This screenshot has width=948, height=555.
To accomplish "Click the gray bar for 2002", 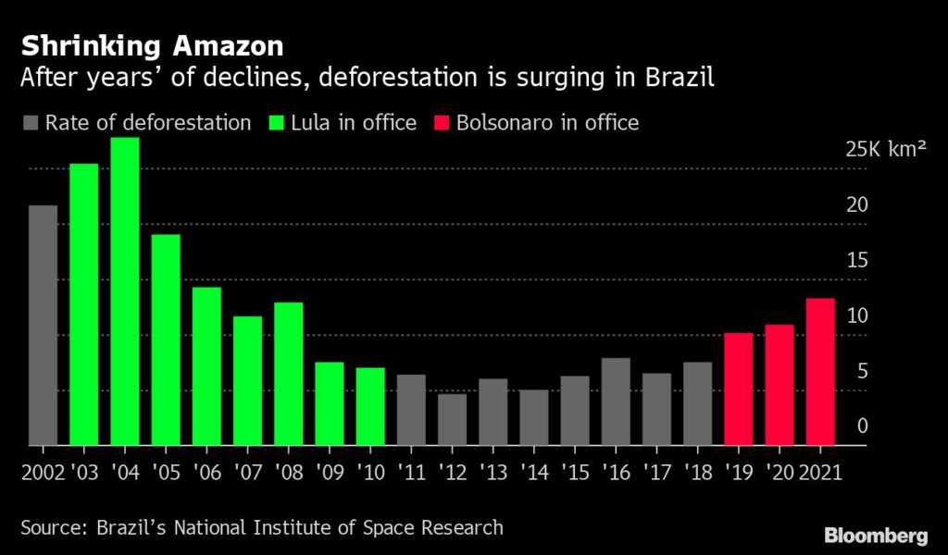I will click(x=43, y=326).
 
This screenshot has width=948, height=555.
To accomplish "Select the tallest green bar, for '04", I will click(x=125, y=291).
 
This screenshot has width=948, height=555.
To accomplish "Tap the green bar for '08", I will click(x=288, y=374).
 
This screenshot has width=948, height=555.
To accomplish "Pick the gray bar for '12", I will click(x=452, y=420).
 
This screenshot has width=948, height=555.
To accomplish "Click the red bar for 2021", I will click(x=820, y=372).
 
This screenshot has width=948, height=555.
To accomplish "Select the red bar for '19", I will click(x=738, y=389).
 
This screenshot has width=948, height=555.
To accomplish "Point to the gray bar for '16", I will click(x=616, y=401).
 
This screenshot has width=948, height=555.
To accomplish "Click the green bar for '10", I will click(x=370, y=407).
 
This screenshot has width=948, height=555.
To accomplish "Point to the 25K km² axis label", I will click(x=885, y=149).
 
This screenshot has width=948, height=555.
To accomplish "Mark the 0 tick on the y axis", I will click(x=862, y=426).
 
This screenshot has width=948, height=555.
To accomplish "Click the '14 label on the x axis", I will click(x=533, y=473).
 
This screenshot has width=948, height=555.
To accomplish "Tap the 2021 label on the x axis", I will click(x=820, y=473).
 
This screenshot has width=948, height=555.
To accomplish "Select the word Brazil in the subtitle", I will click(x=683, y=77).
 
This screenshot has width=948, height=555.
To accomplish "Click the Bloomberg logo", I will click(x=875, y=535).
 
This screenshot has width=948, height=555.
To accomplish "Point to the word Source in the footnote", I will click(x=52, y=528).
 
